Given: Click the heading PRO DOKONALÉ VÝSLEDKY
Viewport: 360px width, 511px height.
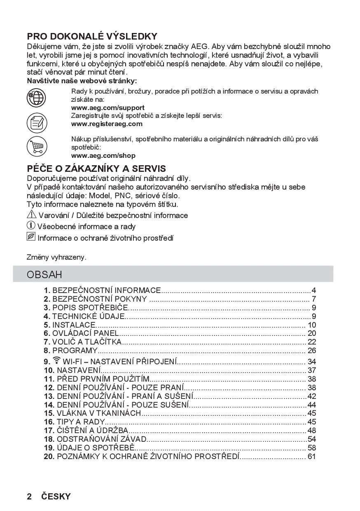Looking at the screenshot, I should (x=92, y=36).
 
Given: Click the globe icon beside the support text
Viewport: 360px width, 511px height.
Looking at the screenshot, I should (x=36, y=98).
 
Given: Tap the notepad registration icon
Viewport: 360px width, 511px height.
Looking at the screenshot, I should (x=37, y=122).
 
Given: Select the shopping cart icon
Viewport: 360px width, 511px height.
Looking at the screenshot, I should (x=37, y=146).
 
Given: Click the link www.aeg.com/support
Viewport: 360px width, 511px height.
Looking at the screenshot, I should (x=108, y=108).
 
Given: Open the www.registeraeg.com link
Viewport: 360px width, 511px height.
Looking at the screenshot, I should (x=107, y=124).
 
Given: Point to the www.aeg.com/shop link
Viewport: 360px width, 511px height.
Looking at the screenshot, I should (x=103, y=156).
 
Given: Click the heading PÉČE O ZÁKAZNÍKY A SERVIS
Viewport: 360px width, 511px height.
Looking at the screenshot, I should (x=96, y=169).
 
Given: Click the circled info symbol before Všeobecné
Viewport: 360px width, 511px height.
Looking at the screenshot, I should (x=31, y=225).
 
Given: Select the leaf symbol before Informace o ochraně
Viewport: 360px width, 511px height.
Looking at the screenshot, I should (x=31, y=237).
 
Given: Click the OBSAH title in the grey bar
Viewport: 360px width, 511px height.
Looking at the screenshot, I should (x=44, y=274).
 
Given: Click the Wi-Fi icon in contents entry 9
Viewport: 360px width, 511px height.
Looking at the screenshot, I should (x=56, y=361).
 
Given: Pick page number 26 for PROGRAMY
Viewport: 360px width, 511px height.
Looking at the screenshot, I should (x=311, y=351).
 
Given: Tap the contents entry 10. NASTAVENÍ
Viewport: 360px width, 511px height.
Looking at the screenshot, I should (x=72, y=370).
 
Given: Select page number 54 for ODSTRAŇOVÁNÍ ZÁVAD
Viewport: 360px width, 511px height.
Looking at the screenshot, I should (x=311, y=439).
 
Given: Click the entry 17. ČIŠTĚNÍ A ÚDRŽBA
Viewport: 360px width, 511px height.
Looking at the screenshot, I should (x=86, y=430).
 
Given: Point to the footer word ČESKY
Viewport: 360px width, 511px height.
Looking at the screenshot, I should (x=56, y=497).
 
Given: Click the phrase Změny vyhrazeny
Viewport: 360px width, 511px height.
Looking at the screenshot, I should (x=56, y=257).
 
